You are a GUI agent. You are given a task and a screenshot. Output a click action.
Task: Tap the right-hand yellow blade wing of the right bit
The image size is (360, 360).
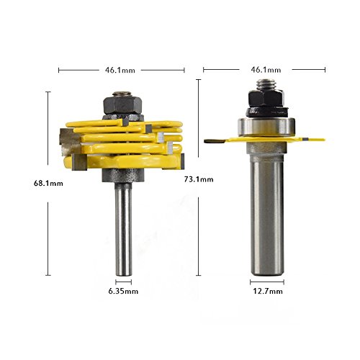tap(306, 139)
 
